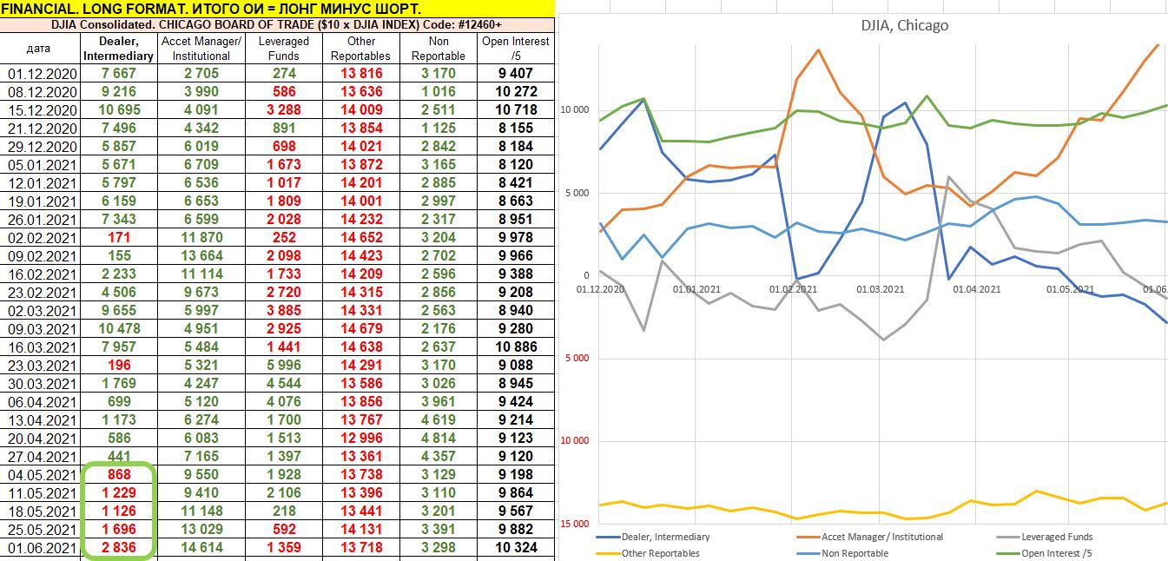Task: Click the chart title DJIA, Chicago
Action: (x=899, y=25)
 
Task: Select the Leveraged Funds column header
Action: (x=283, y=48)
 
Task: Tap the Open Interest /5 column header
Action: (x=516, y=48)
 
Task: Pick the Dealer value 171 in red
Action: (x=118, y=238)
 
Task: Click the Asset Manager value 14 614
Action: (x=201, y=548)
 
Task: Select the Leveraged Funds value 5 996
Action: (x=283, y=366)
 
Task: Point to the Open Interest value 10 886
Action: (x=516, y=347)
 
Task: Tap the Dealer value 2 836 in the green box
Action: (x=118, y=548)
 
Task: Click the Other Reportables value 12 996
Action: (x=361, y=439)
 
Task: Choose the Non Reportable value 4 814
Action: (x=439, y=439)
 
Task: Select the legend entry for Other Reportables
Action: (x=660, y=553)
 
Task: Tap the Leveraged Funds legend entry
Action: (x=1056, y=537)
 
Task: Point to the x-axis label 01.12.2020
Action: (x=601, y=289)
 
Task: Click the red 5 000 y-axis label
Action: (x=574, y=358)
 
